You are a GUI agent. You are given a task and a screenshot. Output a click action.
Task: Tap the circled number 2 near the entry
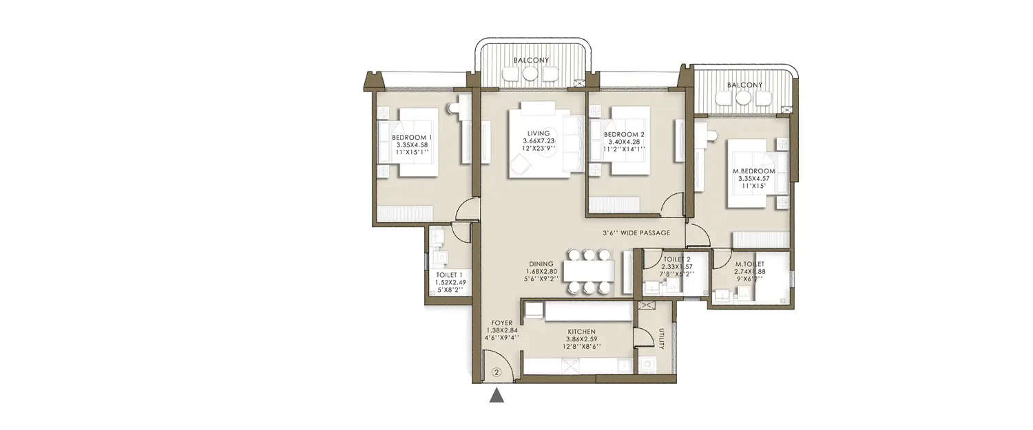tap(497, 373)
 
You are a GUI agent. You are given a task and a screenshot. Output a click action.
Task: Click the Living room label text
tap(539, 140)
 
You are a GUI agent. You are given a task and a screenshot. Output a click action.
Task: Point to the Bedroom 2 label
tap(623, 141)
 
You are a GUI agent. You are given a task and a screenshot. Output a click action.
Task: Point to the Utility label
tap(661, 338)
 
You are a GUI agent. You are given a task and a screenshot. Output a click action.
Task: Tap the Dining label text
tap(541, 271)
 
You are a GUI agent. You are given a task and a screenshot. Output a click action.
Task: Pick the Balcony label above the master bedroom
tap(744, 85)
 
